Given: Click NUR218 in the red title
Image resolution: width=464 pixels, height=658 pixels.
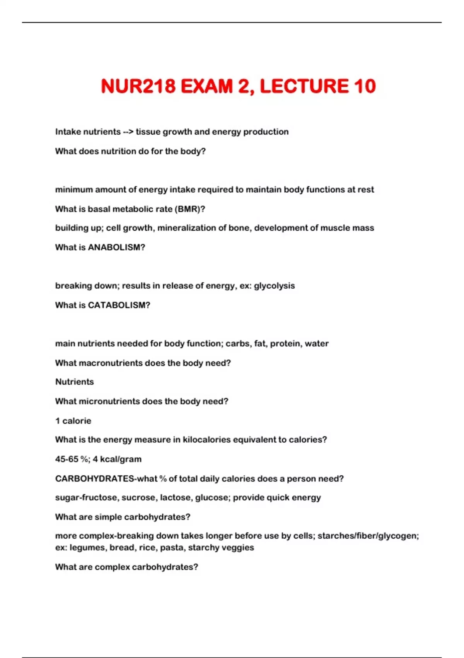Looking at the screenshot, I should [138, 86].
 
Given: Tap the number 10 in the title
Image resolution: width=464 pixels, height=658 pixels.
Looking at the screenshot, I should [364, 86].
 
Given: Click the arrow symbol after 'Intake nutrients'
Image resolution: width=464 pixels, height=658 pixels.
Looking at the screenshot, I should [128, 132].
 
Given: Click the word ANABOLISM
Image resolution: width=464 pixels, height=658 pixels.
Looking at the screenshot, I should [116, 247].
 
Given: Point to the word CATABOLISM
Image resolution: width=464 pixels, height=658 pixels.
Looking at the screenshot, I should [118, 305].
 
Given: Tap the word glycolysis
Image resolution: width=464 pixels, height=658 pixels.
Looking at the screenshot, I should [274, 286].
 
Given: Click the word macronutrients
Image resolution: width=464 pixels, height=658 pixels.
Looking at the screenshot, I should [111, 363].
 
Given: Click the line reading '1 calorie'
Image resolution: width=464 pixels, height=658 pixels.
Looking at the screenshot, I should [73, 421].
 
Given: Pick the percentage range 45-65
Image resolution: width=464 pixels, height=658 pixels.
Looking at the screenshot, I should [67, 459].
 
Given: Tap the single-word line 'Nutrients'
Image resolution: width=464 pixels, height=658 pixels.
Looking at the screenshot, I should [74, 382].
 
